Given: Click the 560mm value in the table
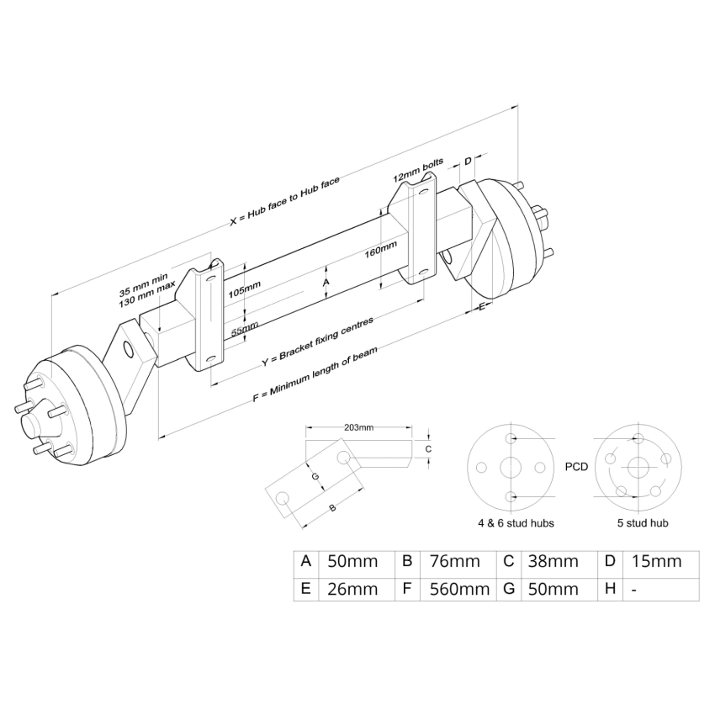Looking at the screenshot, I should [x=459, y=589].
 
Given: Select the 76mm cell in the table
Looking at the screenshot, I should [x=453, y=561].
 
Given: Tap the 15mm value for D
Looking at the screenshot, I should [x=654, y=561].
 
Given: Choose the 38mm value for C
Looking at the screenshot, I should [x=552, y=561].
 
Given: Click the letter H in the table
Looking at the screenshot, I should [x=610, y=589].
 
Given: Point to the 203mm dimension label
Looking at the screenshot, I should [x=359, y=428].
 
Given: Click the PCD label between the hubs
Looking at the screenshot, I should [x=576, y=465].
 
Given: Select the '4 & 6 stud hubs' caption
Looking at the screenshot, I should [x=516, y=523].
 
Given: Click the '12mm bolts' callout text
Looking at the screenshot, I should [x=417, y=173].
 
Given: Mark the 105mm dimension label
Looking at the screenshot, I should [x=245, y=290].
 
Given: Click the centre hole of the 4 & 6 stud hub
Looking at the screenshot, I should [x=511, y=468].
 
